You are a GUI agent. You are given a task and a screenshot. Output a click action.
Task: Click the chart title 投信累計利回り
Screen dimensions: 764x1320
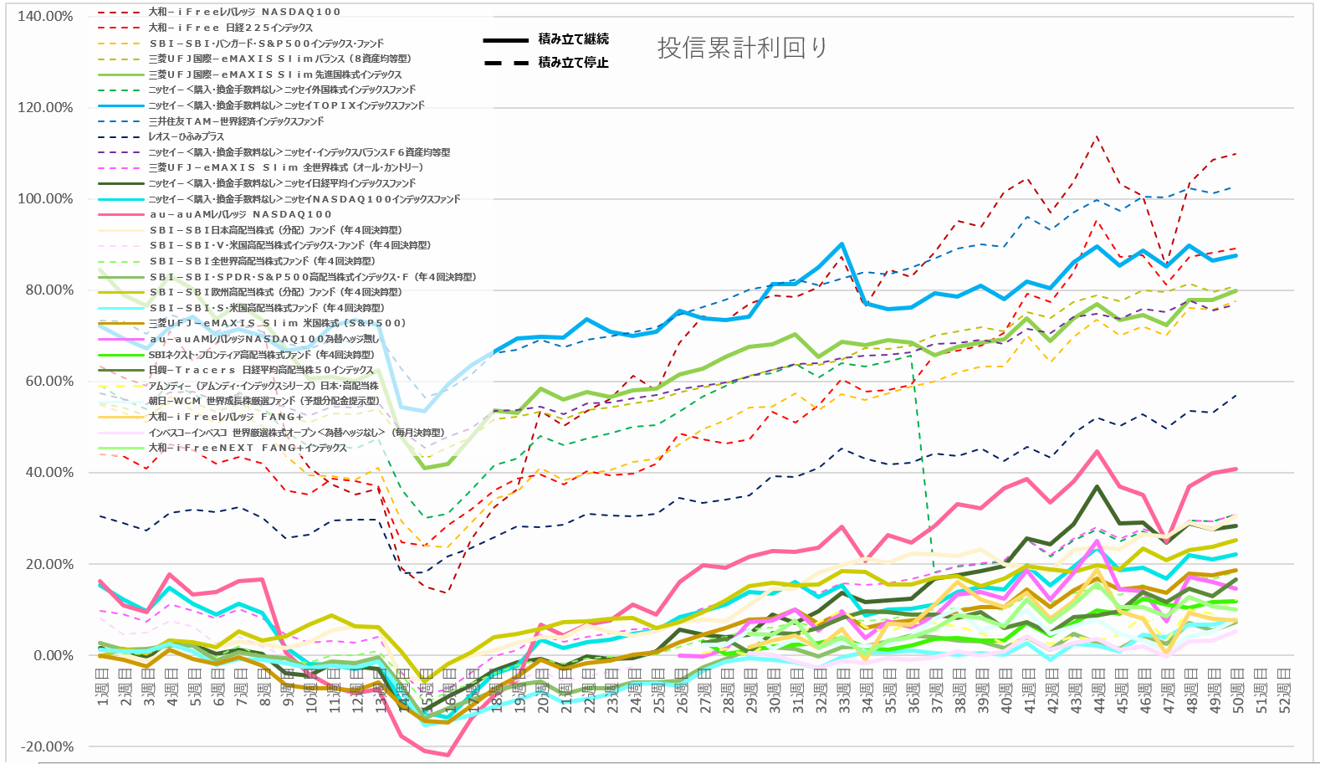coord(742,48)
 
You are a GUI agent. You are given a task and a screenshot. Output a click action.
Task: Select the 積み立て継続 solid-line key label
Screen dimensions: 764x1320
coord(573,39)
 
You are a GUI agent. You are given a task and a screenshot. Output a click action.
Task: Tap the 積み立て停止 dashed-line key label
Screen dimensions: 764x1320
coord(573,63)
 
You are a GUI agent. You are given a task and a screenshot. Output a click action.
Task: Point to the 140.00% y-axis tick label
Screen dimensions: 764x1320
coord(45,16)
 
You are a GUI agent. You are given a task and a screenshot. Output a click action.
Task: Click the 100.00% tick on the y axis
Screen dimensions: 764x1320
coord(45,198)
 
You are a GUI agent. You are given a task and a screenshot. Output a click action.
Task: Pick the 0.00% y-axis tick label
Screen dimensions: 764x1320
coord(52,655)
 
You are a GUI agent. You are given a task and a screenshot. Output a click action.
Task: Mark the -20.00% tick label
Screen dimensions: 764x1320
coord(45,746)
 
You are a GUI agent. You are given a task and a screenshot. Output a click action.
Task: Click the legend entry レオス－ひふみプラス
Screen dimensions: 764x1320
coord(186,136)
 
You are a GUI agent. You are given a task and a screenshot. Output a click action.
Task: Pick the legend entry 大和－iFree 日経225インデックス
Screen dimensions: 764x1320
coord(230,28)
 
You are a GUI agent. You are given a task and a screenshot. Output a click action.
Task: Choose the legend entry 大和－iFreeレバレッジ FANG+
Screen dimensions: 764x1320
coord(226,417)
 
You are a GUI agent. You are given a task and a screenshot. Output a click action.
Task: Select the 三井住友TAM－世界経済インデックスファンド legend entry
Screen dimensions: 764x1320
coord(235,121)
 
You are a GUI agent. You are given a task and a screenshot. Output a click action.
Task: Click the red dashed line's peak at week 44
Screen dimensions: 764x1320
coord(1097,136)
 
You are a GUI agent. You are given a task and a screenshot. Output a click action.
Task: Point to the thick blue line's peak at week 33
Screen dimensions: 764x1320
coord(842,244)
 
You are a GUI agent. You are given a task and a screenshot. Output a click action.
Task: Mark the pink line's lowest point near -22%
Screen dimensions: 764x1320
coord(448,756)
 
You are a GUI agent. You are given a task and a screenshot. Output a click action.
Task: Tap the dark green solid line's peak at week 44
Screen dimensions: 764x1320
coord(1097,486)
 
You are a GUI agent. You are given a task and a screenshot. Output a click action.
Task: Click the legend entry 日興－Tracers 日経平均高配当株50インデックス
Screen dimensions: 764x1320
coord(260,370)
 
